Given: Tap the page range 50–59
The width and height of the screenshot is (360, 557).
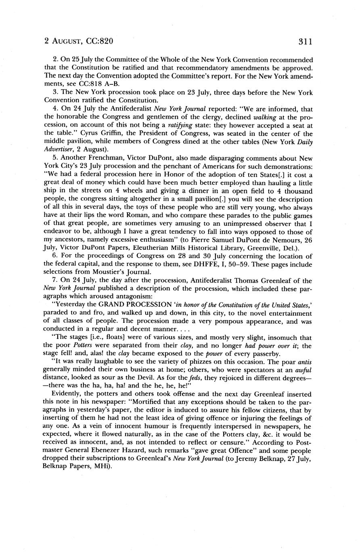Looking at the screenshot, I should (246, 264).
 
